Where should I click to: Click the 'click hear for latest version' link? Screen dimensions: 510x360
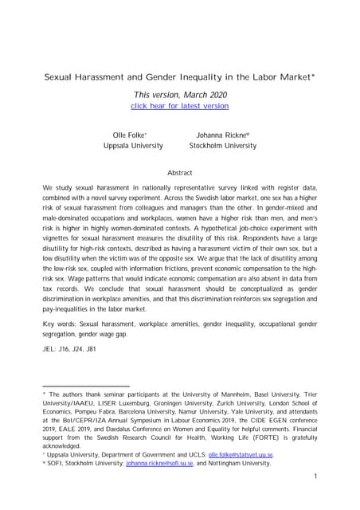coord(179,105)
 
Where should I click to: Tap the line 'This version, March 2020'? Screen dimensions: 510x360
coord(180,95)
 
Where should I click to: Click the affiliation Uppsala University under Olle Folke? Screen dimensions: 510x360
coord(133,146)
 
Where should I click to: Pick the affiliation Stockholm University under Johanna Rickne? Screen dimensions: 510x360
coord(222,146)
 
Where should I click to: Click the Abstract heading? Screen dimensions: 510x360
coord(180,172)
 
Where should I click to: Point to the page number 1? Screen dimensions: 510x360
coord(315,476)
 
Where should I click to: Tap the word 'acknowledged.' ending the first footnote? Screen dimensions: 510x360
coord(63,446)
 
